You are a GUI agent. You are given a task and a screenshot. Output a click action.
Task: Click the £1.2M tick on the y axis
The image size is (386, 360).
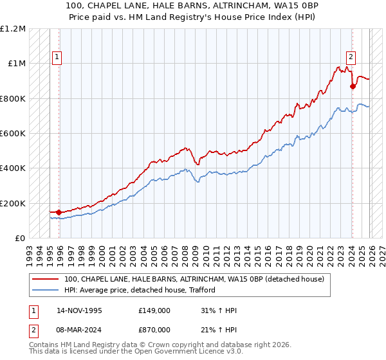click(x=13, y=29)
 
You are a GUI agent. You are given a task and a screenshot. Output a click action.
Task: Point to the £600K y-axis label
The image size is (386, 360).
click(x=13, y=134)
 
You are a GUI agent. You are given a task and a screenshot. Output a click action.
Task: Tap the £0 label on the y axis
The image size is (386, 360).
click(x=20, y=239)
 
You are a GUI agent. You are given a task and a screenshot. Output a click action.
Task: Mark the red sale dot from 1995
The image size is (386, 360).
click(x=59, y=212)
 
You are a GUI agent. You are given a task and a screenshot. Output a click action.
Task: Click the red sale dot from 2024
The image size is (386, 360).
click(x=353, y=86)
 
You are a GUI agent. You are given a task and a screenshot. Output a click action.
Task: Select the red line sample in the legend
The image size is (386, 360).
click(x=45, y=279)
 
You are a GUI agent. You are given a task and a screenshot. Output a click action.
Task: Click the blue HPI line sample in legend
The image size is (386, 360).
click(x=45, y=290)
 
